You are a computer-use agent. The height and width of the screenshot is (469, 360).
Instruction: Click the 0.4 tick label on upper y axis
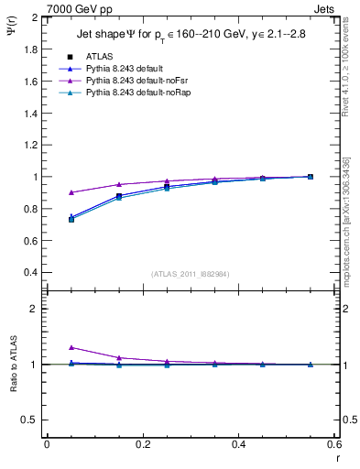pyautogui.click(x=31, y=273)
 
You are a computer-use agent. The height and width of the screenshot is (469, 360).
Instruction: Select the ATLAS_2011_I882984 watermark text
pyautogui.click(x=191, y=273)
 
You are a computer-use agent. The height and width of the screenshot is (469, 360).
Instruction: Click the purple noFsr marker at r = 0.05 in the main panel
pyautogui.click(x=71, y=192)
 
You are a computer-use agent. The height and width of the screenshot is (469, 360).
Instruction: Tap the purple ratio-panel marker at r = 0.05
pyautogui.click(x=71, y=347)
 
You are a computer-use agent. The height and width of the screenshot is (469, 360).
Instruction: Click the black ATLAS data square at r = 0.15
pyautogui.click(x=119, y=196)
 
